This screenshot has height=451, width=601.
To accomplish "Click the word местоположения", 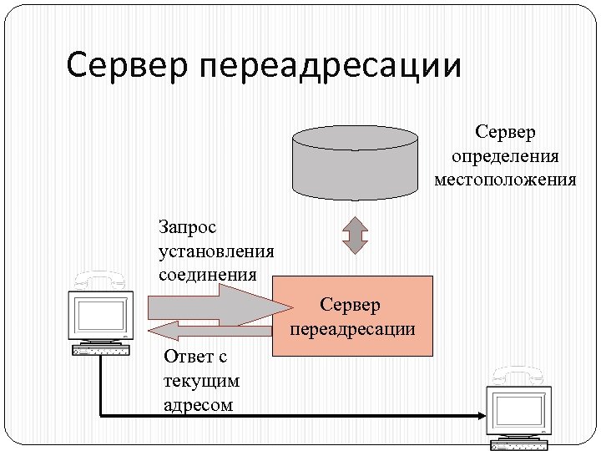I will [x=505, y=180].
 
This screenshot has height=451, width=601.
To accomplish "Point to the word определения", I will [x=505, y=156].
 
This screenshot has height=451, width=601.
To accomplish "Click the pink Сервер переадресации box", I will [x=353, y=317].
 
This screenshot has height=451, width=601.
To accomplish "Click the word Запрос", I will [x=187, y=226].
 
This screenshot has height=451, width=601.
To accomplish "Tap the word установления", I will [x=215, y=251].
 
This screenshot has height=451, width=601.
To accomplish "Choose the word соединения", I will [x=206, y=274].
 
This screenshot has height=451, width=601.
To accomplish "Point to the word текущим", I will [x=201, y=381].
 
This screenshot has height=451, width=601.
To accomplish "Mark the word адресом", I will [x=199, y=405].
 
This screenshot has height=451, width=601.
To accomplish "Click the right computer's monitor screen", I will [x=518, y=408].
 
